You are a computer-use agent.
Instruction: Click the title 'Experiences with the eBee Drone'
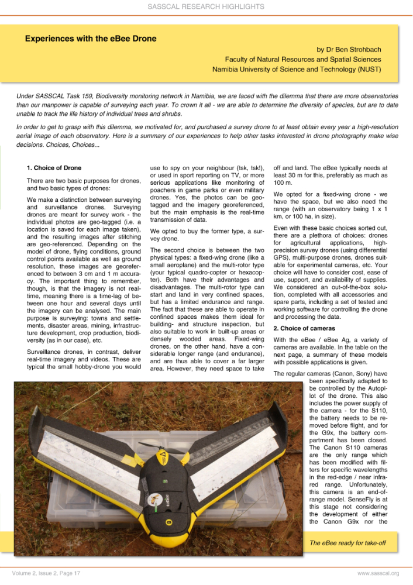coord(91,39)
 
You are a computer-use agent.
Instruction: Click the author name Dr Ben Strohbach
coord(349,50)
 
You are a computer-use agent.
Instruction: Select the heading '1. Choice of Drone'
coord(54,168)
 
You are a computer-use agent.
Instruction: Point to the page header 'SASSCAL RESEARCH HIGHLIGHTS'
coord(206,7)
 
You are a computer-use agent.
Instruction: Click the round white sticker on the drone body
coord(153,499)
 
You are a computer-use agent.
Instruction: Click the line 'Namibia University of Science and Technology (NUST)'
coord(297,70)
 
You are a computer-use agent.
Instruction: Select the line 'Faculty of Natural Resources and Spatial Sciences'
coord(303,60)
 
